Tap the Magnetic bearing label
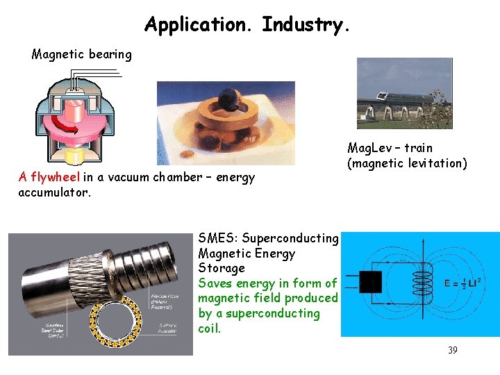(81, 54)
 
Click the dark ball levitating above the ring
(226, 104)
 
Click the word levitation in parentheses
(435, 164)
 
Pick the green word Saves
(215, 283)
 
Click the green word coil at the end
(209, 328)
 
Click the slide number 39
(452, 350)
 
